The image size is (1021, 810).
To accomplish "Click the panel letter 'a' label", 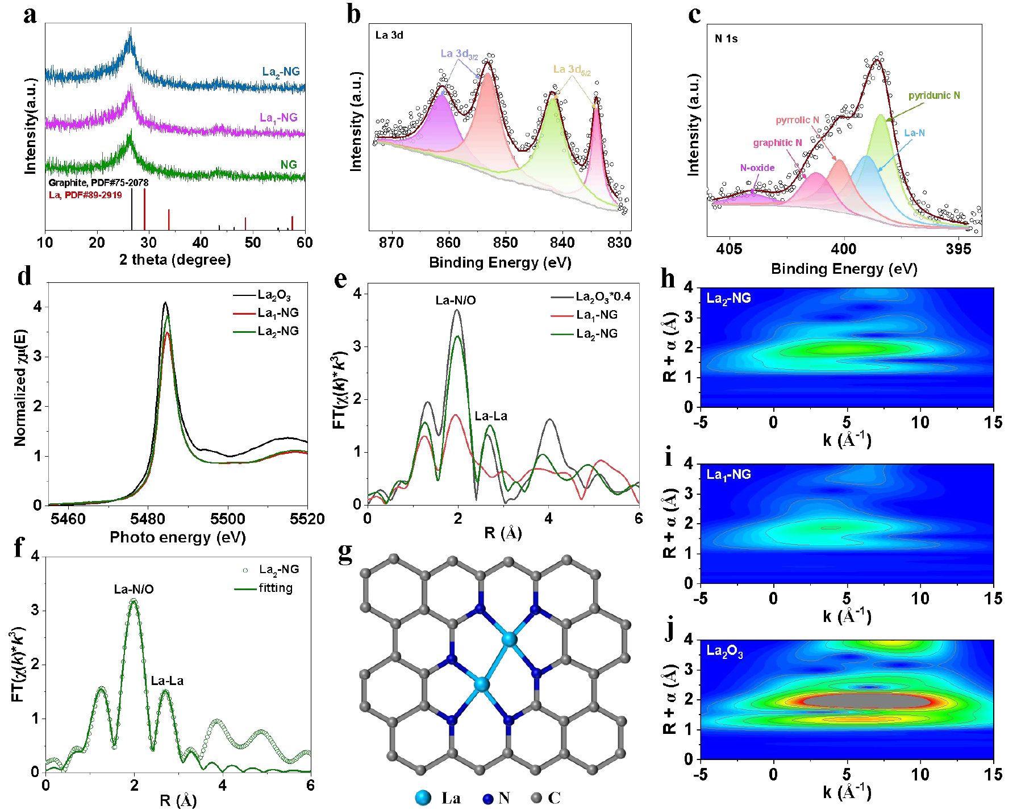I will click(30, 15).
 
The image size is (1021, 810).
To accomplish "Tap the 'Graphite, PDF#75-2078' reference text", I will click(98, 183).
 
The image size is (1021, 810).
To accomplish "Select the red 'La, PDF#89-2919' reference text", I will click(85, 195).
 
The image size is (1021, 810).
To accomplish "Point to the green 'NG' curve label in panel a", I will click(289, 165).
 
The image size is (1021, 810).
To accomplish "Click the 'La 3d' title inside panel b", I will click(389, 35).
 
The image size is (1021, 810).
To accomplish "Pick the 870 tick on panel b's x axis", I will click(391, 243).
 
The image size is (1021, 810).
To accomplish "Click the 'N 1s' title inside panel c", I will click(726, 39).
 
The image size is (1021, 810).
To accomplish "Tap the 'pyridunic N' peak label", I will click(934, 95).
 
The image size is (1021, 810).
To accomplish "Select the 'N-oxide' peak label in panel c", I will click(757, 168).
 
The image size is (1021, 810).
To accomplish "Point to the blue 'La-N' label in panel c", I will click(914, 133).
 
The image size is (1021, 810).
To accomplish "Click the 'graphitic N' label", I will click(777, 143).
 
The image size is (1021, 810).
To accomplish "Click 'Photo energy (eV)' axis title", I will click(177, 537).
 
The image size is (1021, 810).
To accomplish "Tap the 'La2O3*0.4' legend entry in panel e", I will click(603, 297).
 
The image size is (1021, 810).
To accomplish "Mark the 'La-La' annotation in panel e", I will click(491, 416).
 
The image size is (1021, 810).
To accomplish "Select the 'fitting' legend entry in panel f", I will click(276, 588).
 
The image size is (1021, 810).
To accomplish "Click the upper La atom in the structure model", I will click(510, 640).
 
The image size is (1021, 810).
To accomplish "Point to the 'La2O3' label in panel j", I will click(724, 652).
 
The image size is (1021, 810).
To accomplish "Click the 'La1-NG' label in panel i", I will click(728, 475).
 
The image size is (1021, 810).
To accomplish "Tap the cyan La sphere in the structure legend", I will click(423, 798).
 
